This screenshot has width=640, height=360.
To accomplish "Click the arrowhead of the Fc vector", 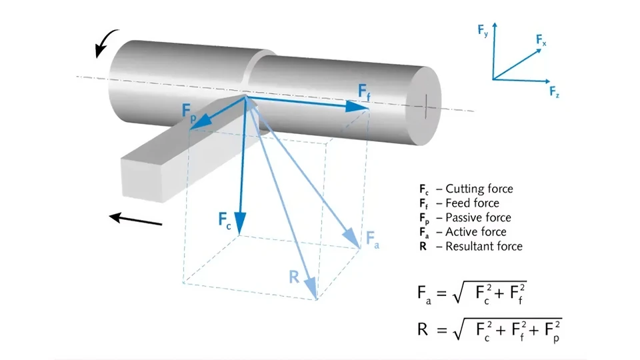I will point(240,224).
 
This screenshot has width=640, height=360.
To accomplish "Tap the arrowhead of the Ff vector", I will point(353,106).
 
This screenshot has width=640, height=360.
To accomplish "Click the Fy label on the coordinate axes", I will point(481,31).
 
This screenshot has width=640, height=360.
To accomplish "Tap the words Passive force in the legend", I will point(479,217).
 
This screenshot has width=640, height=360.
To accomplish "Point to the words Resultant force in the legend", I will point(484,246).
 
